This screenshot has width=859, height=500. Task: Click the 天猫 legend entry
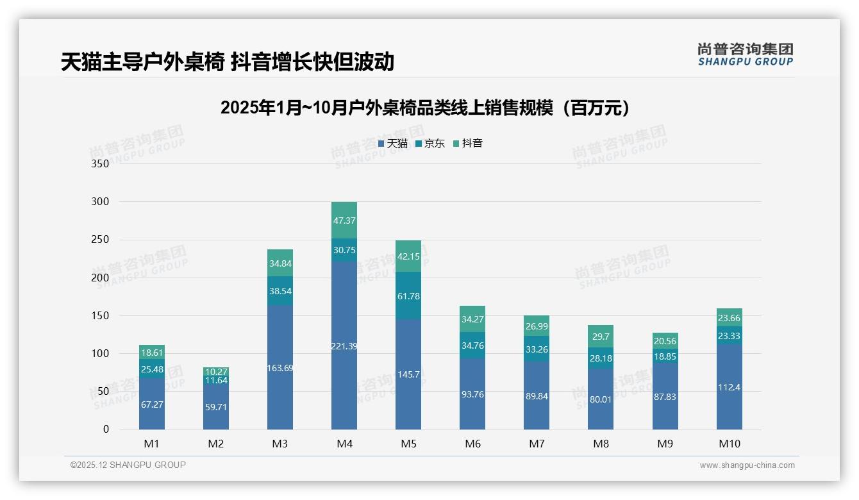[393, 144]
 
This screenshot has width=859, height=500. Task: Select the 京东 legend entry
[430, 144]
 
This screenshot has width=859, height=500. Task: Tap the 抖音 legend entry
[468, 144]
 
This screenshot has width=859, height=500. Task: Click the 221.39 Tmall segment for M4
[344, 346]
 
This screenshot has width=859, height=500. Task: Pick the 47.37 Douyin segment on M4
[344, 221]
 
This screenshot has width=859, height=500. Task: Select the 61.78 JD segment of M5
[408, 296]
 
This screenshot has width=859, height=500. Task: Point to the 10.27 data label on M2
[216, 371]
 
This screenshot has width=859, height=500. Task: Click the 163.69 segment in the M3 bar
[280, 367]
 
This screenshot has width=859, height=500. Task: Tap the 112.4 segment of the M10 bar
[730, 387]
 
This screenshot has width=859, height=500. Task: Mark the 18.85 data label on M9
[665, 356]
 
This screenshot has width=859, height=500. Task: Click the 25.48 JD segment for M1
[152, 369]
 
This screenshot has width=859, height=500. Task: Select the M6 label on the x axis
[472, 444]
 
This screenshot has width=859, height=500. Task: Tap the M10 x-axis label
[730, 444]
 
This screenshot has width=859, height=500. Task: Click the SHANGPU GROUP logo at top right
[745, 54]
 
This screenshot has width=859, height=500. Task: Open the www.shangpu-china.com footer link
[747, 465]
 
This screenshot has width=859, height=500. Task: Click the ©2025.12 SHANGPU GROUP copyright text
[128, 465]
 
